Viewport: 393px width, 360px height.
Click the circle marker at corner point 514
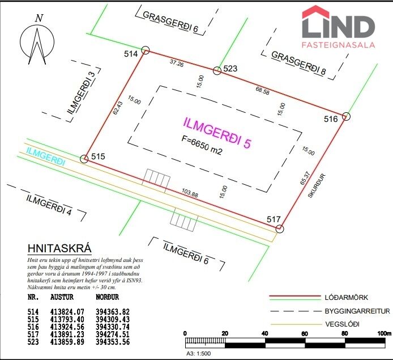(146, 50)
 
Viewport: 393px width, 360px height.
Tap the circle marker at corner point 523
(217, 71)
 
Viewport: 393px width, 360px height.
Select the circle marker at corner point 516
(346, 116)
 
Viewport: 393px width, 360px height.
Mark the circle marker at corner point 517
(280, 229)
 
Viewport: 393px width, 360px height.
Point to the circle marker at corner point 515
(84, 159)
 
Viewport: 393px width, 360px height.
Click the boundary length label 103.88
(190, 193)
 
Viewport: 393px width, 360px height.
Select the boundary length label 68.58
(262, 91)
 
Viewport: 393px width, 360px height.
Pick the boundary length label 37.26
(177, 63)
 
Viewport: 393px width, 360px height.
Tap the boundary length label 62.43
(118, 108)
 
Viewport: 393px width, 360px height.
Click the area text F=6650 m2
(202, 145)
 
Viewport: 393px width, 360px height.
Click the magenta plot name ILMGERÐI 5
(217, 133)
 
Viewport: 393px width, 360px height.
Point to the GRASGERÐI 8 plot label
(298, 63)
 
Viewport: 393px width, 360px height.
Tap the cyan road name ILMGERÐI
(46, 157)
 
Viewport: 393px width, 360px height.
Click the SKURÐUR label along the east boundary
(317, 185)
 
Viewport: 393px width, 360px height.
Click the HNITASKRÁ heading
(59, 248)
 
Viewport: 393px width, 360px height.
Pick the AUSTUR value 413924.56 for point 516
(67, 327)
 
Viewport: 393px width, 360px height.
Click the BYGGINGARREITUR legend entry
(357, 311)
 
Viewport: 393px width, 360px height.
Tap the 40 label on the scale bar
(264, 333)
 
